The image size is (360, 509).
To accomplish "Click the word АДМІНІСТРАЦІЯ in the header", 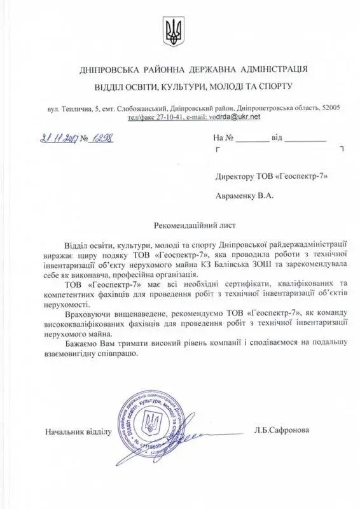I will (x=265, y=68).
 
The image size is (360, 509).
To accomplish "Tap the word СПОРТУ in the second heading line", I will (x=278, y=85).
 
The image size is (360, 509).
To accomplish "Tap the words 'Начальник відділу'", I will (x=78, y=431).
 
